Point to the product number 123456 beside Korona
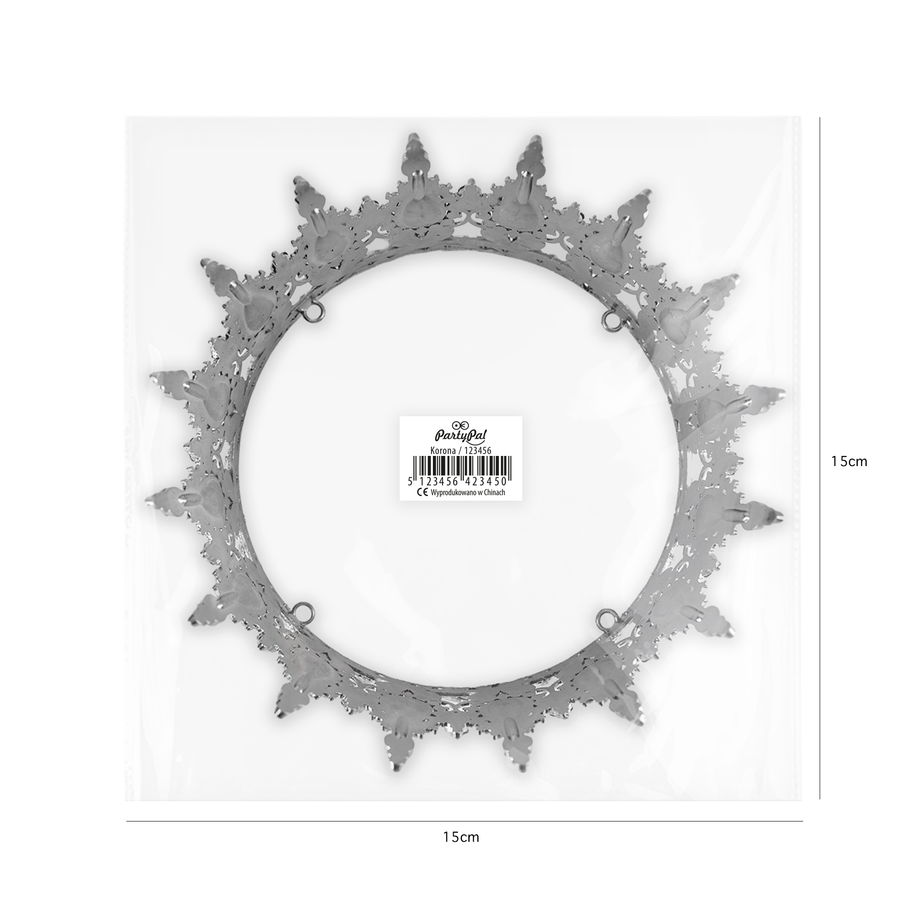pyautogui.click(x=472, y=449)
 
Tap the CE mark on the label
pyautogui.click(x=422, y=492)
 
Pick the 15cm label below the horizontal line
pyautogui.click(x=461, y=850)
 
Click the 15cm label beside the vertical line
pyautogui.click(x=849, y=461)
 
